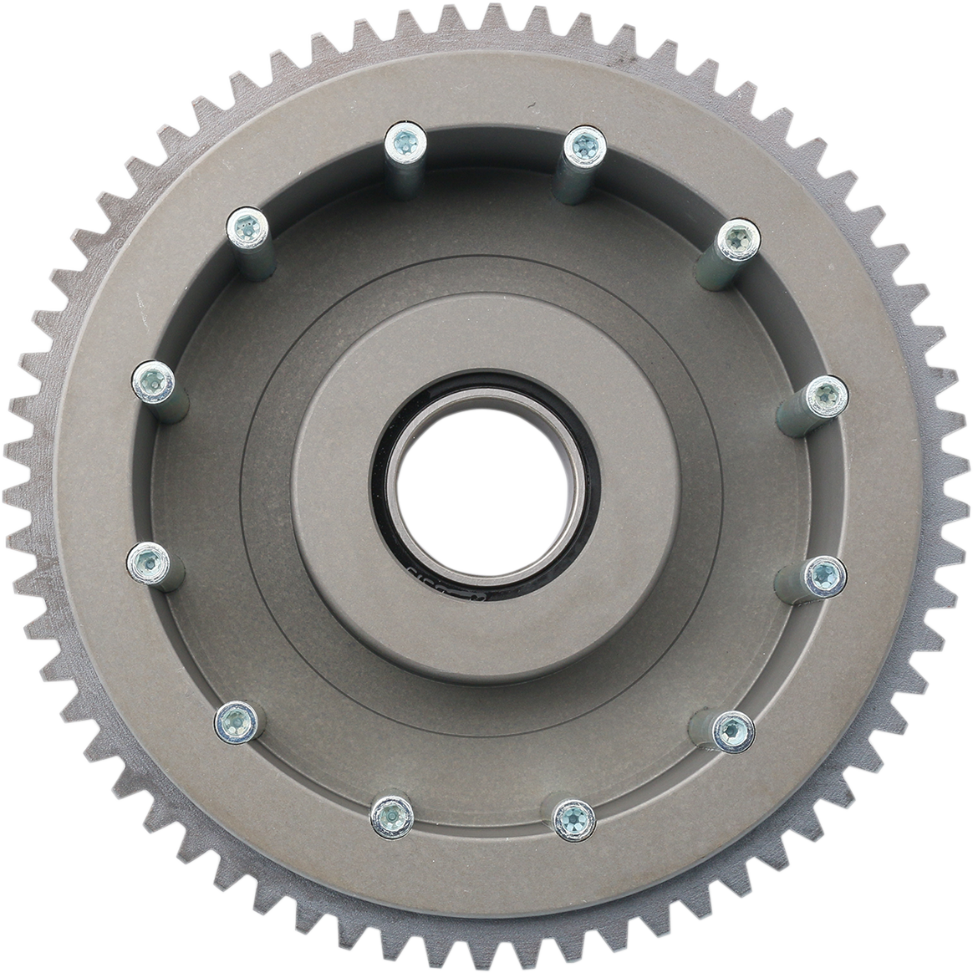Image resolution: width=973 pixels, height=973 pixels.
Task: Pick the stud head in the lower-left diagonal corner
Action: [235, 719]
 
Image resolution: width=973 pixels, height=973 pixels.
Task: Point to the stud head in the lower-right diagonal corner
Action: [732, 731]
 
